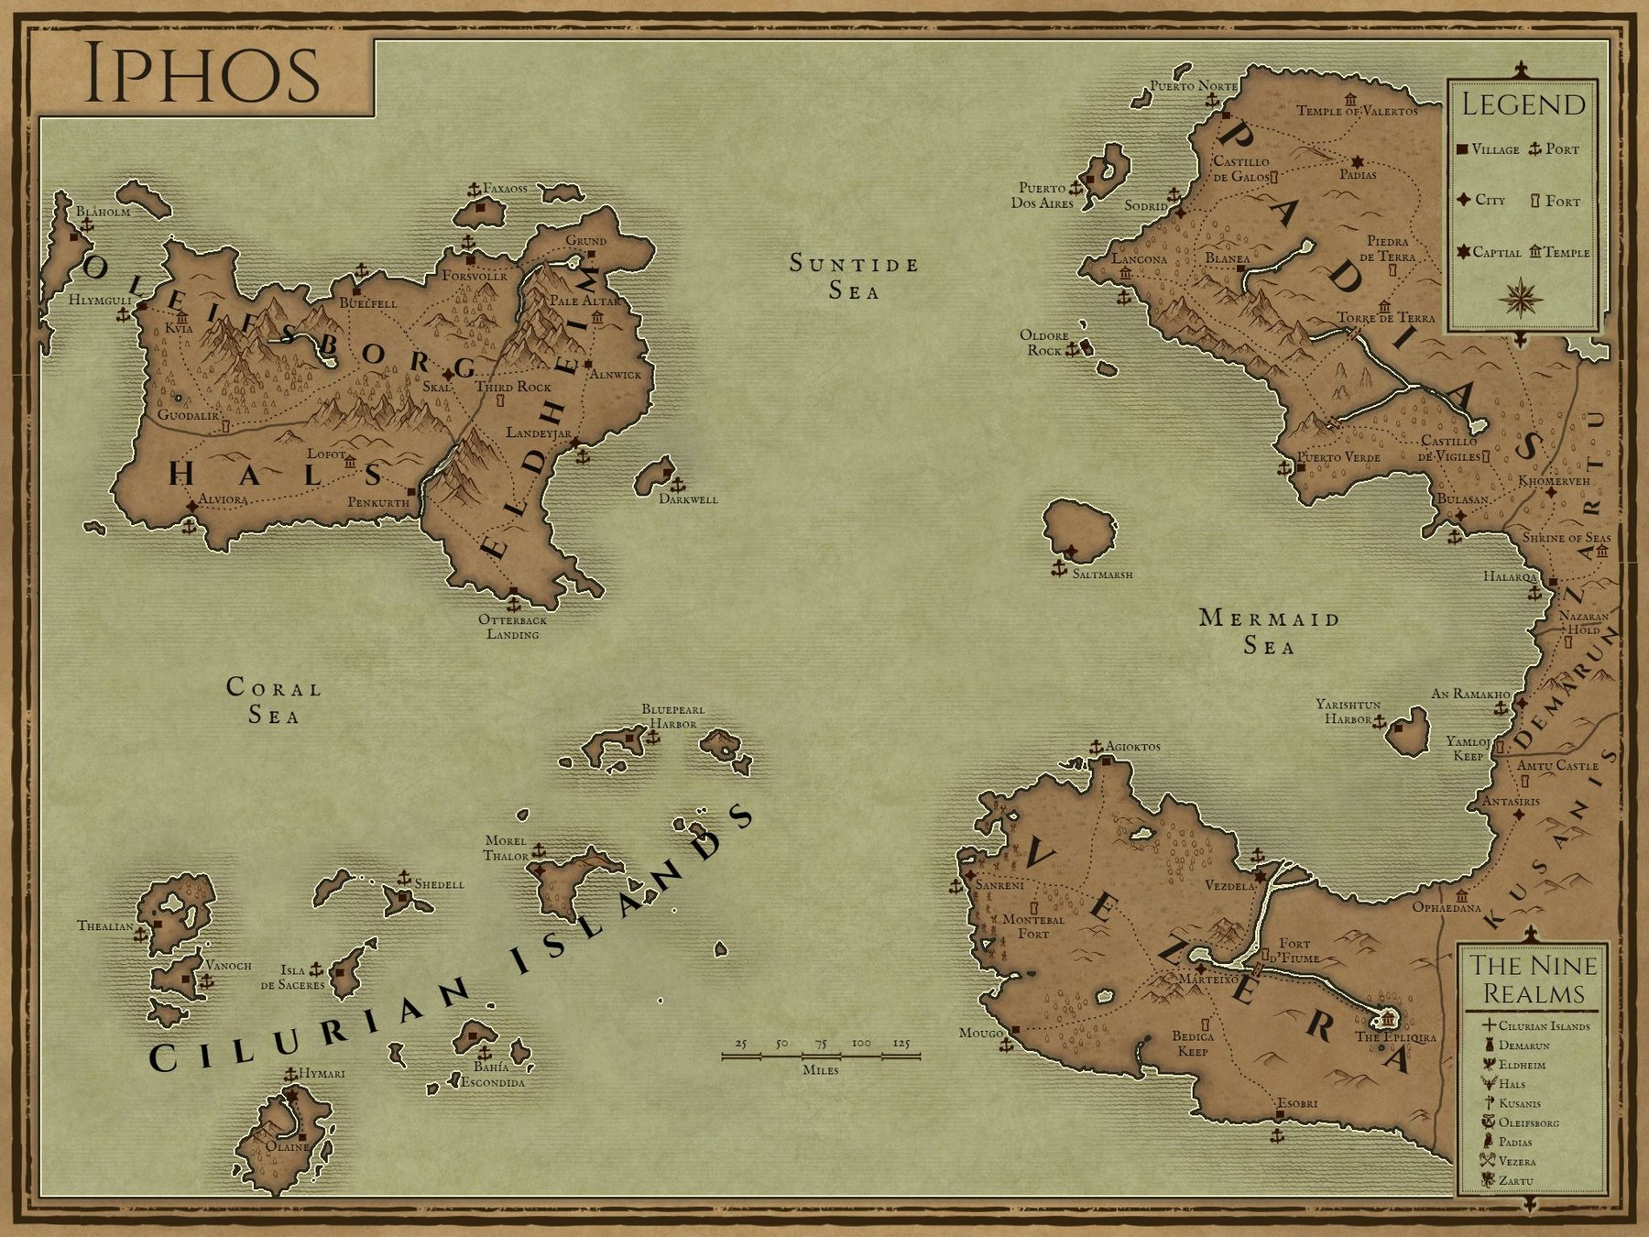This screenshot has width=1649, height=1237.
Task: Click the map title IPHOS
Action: click(x=202, y=74)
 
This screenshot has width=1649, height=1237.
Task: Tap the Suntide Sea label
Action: click(x=854, y=277)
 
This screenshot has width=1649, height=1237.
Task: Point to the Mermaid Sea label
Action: click(x=1269, y=632)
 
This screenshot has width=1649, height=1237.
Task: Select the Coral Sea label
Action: click(x=274, y=701)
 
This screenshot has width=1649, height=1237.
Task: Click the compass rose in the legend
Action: click(x=1522, y=298)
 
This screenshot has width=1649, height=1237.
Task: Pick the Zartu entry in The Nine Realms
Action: click(x=1516, y=1181)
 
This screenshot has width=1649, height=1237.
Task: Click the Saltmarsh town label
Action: click(x=1102, y=575)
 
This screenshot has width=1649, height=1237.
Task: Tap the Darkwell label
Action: click(x=688, y=499)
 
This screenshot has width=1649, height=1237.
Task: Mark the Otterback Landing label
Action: click(x=512, y=627)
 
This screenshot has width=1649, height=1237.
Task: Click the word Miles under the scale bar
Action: click(x=820, y=1069)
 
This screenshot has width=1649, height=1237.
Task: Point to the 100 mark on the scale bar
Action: click(x=861, y=1043)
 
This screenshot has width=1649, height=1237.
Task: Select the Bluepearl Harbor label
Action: click(x=673, y=716)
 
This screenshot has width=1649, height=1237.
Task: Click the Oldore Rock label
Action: click(x=1044, y=343)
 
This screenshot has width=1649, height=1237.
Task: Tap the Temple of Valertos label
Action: click(x=1356, y=111)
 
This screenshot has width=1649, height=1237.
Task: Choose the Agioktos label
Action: click(x=1132, y=747)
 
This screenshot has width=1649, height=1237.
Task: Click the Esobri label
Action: click(x=1297, y=1103)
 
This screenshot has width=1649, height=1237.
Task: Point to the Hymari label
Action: click(x=322, y=1073)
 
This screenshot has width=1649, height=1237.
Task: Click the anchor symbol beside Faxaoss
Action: click(x=474, y=190)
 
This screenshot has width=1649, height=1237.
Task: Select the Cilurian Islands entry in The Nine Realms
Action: click(x=1544, y=1026)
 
